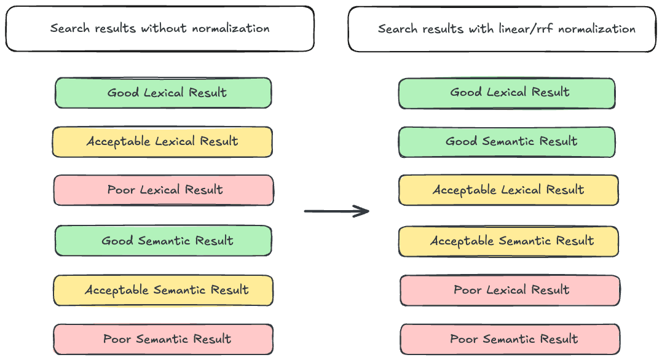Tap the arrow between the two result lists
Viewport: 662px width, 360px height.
336,211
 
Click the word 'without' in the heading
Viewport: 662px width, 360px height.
162,28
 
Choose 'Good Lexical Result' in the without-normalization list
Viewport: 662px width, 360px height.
164,93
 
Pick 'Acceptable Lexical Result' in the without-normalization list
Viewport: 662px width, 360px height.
162,141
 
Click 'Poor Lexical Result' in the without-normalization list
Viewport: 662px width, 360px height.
164,190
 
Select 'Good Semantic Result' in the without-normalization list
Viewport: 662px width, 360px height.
164,240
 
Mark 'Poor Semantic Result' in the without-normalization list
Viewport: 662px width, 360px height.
164,339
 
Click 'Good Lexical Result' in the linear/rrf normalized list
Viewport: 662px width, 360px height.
507,93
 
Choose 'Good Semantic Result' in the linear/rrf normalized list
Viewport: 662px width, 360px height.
507,141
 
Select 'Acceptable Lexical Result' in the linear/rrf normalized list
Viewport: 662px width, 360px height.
508,190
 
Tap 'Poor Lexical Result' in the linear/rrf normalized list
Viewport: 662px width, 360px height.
510,290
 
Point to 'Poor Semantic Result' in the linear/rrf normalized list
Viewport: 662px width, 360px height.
510,339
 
